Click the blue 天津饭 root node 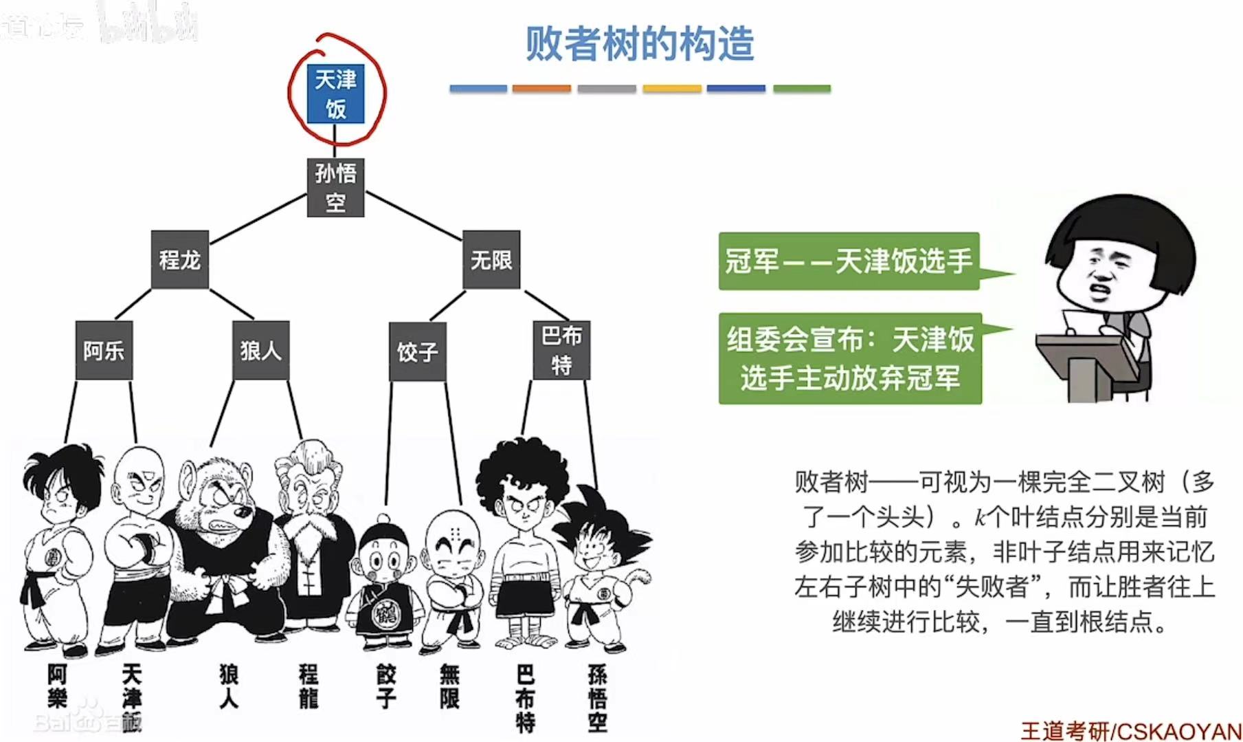(335, 94)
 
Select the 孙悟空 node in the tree (335, 187)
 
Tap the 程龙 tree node (180, 260)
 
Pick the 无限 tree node (491, 260)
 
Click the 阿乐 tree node (104, 351)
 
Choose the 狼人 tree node (260, 351)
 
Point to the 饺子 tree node (417, 352)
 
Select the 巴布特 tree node (561, 350)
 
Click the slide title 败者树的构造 (640, 44)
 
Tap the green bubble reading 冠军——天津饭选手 (849, 261)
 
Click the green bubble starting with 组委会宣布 (851, 358)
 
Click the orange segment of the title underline (541, 89)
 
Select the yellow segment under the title (672, 89)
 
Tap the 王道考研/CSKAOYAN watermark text (1131, 730)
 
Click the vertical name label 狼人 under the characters (229, 686)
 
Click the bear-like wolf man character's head (216, 495)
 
